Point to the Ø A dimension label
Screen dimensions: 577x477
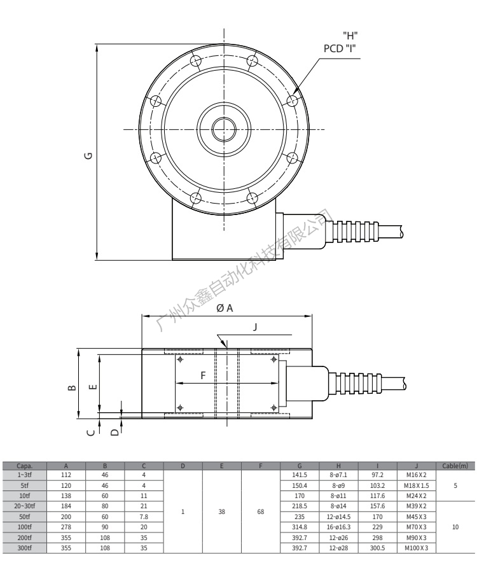[x=225, y=308]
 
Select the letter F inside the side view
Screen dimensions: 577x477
[x=204, y=376]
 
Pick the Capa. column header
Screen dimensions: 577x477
[x=26, y=466]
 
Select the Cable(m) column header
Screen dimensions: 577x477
[x=455, y=466]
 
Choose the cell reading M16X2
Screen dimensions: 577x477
[x=416, y=475]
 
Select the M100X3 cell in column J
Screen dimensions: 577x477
[x=416, y=547]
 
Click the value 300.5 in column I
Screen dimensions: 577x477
[x=377, y=547]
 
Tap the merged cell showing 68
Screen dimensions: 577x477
[x=261, y=511]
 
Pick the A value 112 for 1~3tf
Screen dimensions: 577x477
[x=66, y=475]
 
